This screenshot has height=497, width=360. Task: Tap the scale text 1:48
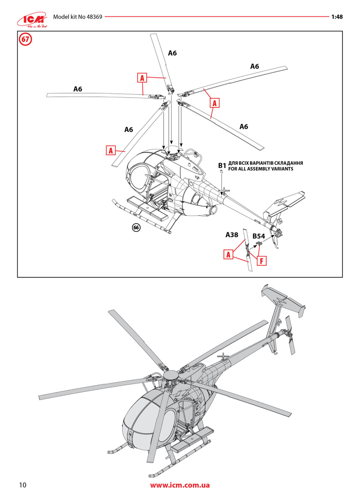pos(337,17)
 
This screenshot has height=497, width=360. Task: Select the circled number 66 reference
pos(136,227)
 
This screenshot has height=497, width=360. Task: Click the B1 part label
pos(222,166)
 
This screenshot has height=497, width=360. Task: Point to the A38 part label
pos(232,235)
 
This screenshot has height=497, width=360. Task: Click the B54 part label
pos(259,236)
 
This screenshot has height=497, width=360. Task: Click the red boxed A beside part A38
pos(228,255)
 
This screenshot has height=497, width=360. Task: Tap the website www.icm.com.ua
pos(180,485)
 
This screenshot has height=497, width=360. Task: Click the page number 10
pos(22,485)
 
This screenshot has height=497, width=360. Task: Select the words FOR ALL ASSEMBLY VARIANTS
pos(261,169)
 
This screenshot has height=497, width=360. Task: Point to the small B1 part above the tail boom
pos(220,171)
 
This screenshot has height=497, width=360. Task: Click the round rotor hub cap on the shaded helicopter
pos(170,375)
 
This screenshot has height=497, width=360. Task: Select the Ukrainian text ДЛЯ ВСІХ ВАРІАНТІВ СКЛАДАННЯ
pos(265,163)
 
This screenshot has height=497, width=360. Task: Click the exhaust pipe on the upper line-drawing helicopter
pos(213,209)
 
